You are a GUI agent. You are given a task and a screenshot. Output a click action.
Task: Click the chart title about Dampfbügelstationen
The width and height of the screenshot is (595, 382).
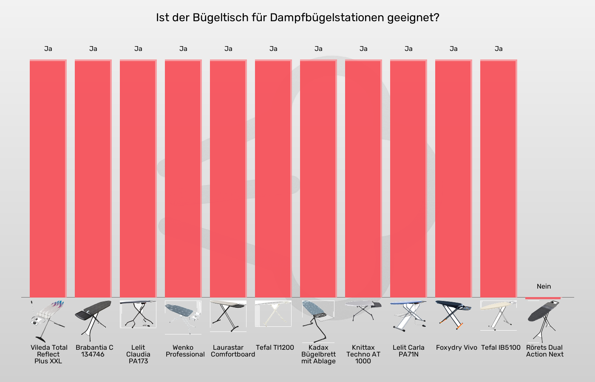tap(297, 18)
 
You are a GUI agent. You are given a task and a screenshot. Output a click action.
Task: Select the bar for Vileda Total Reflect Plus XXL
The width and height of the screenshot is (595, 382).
tap(48, 178)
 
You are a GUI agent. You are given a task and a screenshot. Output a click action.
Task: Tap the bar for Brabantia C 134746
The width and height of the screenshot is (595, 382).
tap(93, 178)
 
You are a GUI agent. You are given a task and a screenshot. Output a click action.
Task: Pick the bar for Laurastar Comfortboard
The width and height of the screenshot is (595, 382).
tap(228, 178)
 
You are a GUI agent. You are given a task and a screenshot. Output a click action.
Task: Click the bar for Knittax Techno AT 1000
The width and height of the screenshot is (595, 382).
tap(363, 178)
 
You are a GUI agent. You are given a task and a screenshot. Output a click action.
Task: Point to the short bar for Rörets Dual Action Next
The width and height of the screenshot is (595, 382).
tap(543, 298)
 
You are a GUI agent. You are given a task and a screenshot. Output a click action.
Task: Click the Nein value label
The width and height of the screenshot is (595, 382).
tap(544, 286)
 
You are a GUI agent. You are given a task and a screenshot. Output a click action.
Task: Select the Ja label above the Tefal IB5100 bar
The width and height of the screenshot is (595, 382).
tap(499, 49)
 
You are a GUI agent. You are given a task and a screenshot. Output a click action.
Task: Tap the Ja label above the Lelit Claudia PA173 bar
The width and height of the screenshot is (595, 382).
tap(138, 49)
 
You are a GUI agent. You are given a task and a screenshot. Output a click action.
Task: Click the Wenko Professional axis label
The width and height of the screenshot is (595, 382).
tap(185, 351)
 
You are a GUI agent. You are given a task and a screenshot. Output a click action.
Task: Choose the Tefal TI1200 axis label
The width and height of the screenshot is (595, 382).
tap(275, 348)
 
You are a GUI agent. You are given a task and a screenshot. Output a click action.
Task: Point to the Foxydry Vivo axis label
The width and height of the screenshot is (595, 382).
tap(456, 348)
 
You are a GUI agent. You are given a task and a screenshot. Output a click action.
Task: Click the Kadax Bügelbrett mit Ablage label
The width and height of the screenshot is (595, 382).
tap(318, 354)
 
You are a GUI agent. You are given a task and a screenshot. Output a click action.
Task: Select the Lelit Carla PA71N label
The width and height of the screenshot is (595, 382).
tap(408, 351)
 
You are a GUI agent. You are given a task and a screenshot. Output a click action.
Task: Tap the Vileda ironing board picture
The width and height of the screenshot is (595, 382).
tap(48, 320)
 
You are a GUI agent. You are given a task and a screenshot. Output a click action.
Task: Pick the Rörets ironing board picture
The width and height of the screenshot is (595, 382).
tap(543, 320)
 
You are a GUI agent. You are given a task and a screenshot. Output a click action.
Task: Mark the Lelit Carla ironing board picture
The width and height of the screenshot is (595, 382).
tap(408, 316)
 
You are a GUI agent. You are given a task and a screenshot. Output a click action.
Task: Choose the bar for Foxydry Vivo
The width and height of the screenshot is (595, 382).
tap(453, 178)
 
